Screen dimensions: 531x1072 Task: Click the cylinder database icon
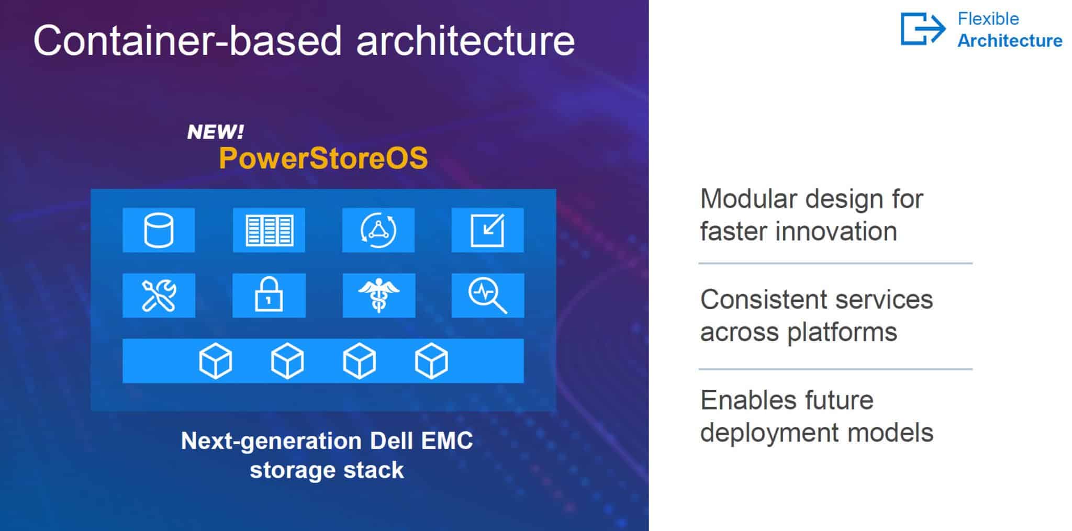159,230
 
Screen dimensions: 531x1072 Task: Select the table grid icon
269,230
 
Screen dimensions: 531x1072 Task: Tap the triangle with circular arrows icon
378,230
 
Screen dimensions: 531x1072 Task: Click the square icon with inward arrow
487,230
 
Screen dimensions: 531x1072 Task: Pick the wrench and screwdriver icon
159,296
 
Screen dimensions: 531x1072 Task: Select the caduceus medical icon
378,296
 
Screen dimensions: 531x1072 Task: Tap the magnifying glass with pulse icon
487,296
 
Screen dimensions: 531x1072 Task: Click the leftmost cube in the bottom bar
216,361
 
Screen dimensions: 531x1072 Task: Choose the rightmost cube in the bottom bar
431,361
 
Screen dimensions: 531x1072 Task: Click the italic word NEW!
215,132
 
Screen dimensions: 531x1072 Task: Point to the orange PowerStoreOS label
323,158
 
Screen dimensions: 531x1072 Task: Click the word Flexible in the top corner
988,19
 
